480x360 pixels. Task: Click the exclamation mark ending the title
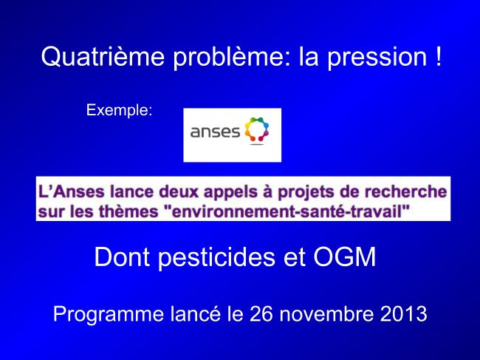click(x=438, y=55)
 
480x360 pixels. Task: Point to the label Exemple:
click(x=119, y=110)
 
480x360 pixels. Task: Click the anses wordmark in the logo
click(x=215, y=132)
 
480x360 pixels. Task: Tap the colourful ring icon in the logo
click(x=257, y=130)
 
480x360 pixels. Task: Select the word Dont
click(x=122, y=257)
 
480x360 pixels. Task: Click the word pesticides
click(x=216, y=258)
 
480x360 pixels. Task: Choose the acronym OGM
click(x=344, y=257)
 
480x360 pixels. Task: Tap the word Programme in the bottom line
click(x=109, y=315)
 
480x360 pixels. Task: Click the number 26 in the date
click(x=261, y=313)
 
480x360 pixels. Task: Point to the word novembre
click(x=326, y=313)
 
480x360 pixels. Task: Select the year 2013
click(x=404, y=313)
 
